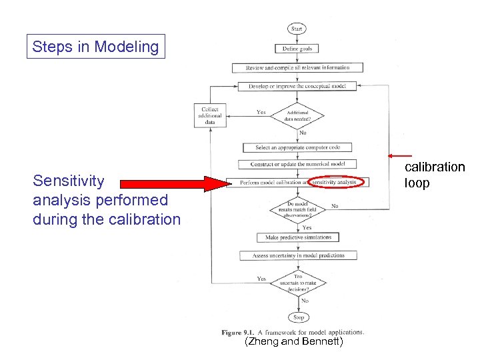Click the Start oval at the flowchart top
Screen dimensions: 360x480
click(x=297, y=29)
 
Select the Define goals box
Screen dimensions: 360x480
click(x=297, y=48)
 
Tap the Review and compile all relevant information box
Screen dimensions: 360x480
click(x=297, y=67)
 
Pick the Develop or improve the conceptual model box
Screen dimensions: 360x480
click(x=297, y=86)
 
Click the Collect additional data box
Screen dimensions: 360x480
click(x=209, y=115)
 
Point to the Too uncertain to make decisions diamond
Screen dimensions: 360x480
click(x=297, y=281)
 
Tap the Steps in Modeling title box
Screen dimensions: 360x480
click(x=95, y=47)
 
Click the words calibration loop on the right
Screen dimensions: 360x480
click(x=434, y=175)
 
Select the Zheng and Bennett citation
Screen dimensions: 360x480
click(x=294, y=342)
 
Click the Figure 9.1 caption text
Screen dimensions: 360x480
click(x=293, y=331)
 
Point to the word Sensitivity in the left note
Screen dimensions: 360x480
click(x=69, y=181)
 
